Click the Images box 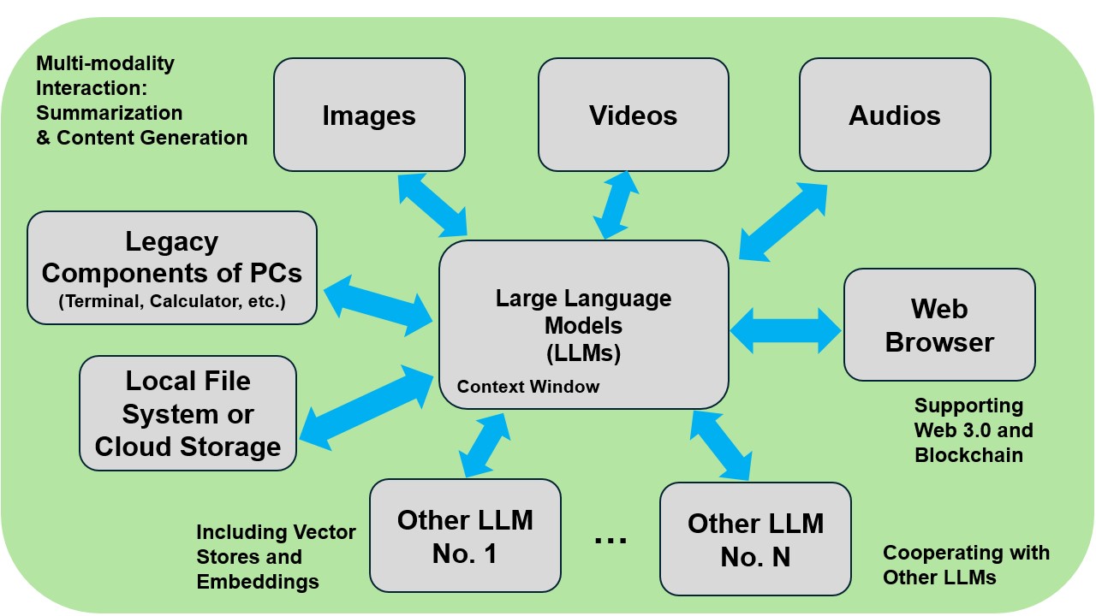point(369,115)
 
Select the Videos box point(633,115)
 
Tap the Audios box point(895,115)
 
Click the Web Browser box point(939,325)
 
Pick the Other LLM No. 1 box point(465,536)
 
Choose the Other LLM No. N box point(755,539)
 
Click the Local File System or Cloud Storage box point(188,413)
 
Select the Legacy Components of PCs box point(172,268)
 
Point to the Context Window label point(528,387)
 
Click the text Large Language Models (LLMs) point(583,325)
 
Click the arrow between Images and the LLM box point(432,204)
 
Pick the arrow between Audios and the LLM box point(783,222)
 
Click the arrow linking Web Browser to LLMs point(786,330)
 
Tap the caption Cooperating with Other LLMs point(966,565)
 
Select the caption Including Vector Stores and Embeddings point(276,557)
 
